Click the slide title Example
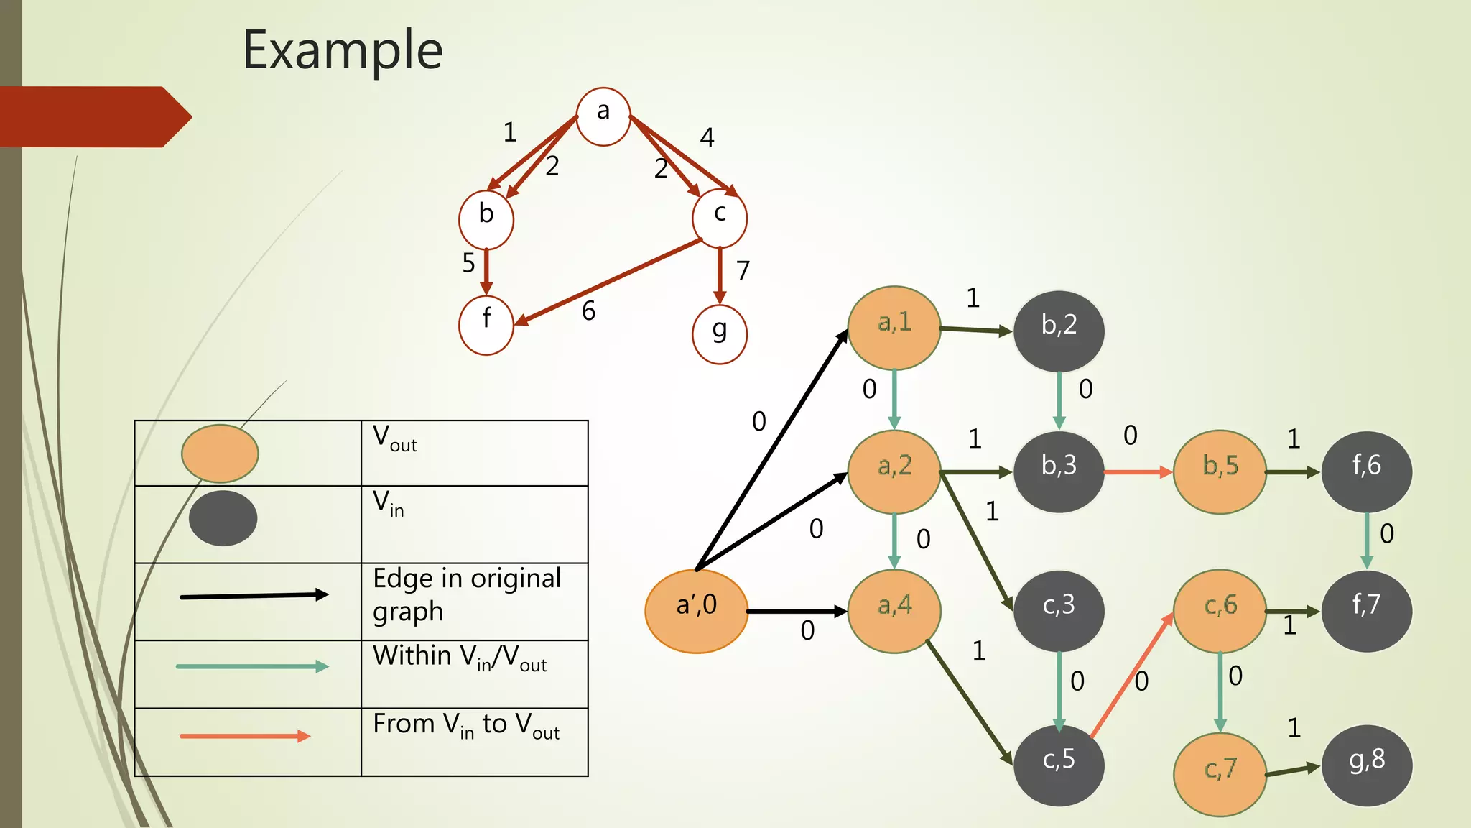(x=343, y=50)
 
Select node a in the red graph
(x=603, y=116)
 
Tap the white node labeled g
(x=719, y=334)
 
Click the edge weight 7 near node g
(x=743, y=271)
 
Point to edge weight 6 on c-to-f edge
(x=588, y=311)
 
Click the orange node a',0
(x=696, y=611)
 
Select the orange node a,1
(x=894, y=328)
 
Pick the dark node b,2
(x=1059, y=331)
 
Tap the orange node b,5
(x=1220, y=471)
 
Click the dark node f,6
(x=1366, y=471)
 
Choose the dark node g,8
(x=1366, y=765)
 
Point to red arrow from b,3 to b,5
(x=1138, y=472)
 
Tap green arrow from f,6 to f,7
(x=1366, y=540)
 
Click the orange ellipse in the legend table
(x=220, y=454)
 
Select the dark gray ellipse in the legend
(x=223, y=518)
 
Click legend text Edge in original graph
(x=466, y=594)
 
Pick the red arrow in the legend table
(x=244, y=736)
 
